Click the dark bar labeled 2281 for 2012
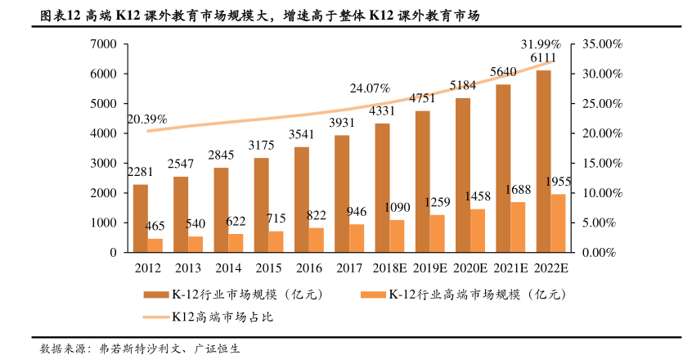point(141,218)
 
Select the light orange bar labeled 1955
point(558,223)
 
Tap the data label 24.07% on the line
point(370,88)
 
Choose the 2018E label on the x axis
point(389,268)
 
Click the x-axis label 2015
point(268,268)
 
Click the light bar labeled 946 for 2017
point(357,238)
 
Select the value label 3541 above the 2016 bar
point(302,134)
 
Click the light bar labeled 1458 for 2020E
point(478,231)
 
